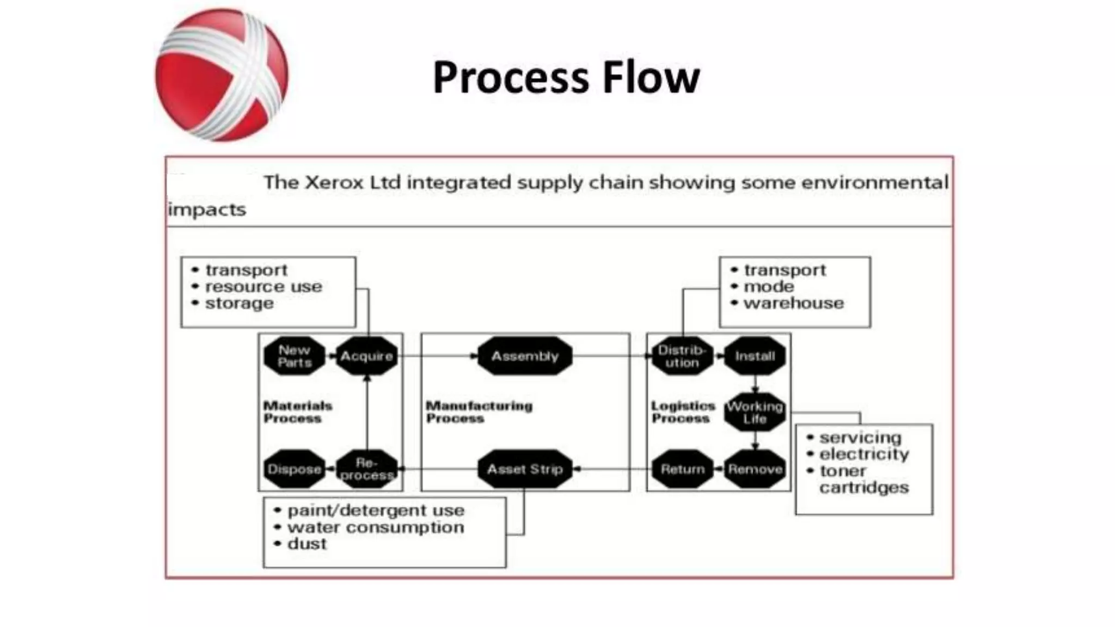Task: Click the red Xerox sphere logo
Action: pyautogui.click(x=222, y=75)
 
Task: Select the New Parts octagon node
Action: pyautogui.click(x=295, y=356)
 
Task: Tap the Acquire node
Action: pyautogui.click(x=366, y=356)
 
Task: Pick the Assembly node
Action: pyautogui.click(x=525, y=356)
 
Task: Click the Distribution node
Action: pyautogui.click(x=682, y=356)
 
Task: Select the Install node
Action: pyautogui.click(x=755, y=356)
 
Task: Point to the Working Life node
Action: pyautogui.click(x=755, y=413)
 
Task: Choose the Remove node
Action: pyautogui.click(x=755, y=469)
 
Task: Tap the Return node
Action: pyautogui.click(x=682, y=469)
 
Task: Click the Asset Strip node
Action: pyautogui.click(x=525, y=469)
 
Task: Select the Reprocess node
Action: pyautogui.click(x=366, y=469)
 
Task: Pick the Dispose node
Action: pyautogui.click(x=295, y=469)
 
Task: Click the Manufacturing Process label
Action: pyautogui.click(x=479, y=412)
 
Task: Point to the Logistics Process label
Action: pyautogui.click(x=683, y=412)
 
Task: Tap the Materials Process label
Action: pyautogui.click(x=297, y=412)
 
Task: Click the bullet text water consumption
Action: pyautogui.click(x=376, y=527)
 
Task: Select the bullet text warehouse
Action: pyautogui.click(x=793, y=303)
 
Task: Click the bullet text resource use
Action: pyautogui.click(x=264, y=287)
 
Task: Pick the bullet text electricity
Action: pyautogui.click(x=864, y=454)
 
